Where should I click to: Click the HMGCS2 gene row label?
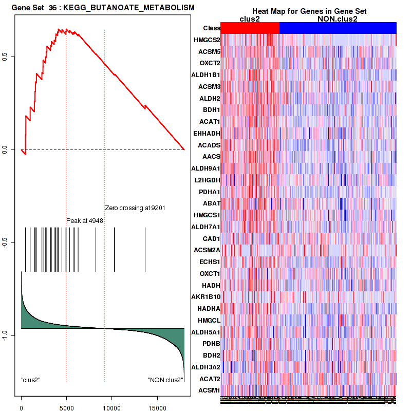point(207,40)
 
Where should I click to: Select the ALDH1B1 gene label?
point(206,75)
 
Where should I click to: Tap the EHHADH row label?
point(207,133)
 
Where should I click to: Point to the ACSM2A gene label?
point(207,250)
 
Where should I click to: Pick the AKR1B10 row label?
point(206,297)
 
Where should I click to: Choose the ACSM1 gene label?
point(209,390)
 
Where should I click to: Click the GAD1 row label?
point(211,239)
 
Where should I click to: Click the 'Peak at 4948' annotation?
point(85,221)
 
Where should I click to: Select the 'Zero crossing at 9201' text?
point(135,208)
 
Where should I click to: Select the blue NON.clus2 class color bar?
point(338,28)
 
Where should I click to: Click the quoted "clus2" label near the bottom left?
point(31,380)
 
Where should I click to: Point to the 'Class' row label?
point(212,28)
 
